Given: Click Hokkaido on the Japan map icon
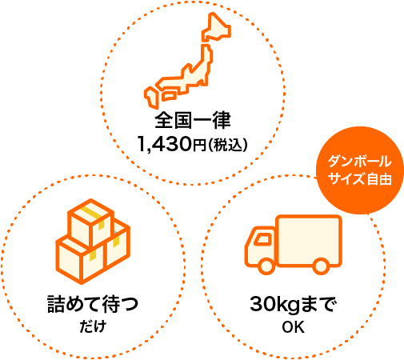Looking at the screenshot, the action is (x=216, y=28).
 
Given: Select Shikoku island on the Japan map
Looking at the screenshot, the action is (x=169, y=95).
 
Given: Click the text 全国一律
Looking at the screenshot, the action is (x=193, y=121).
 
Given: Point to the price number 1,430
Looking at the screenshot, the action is (x=165, y=144).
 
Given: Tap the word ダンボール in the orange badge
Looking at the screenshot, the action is (x=360, y=162).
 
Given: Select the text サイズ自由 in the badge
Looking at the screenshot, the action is (x=360, y=178).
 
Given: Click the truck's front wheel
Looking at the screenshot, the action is (x=266, y=266).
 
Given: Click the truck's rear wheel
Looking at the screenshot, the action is (x=321, y=266).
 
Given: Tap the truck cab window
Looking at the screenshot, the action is (x=262, y=239).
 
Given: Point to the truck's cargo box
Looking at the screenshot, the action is (x=309, y=240).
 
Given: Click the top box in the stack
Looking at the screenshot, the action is (x=90, y=223).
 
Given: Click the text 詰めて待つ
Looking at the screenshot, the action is (x=93, y=304).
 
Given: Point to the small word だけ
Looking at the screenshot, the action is (x=93, y=326).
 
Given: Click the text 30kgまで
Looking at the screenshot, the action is (x=293, y=304).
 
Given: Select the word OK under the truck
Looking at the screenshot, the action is (x=293, y=327).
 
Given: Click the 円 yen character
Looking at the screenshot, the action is (x=199, y=146).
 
